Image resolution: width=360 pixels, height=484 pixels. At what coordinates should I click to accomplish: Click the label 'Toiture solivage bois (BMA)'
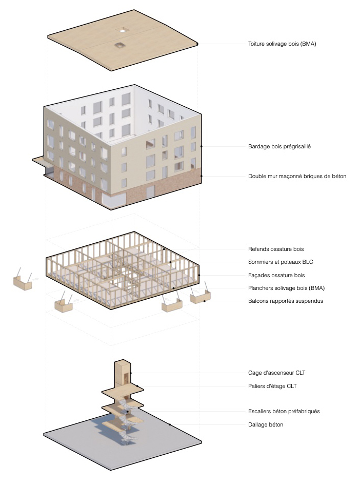(282, 44)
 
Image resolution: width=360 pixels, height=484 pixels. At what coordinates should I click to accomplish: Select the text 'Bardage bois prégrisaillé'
(279, 146)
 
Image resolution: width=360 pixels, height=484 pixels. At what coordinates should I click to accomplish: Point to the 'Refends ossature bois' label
(276, 249)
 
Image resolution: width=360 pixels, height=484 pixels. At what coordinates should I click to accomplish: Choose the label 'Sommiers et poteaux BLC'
(280, 262)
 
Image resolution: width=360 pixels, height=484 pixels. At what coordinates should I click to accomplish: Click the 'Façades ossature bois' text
(276, 275)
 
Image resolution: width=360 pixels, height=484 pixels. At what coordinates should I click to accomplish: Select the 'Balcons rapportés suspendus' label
(285, 301)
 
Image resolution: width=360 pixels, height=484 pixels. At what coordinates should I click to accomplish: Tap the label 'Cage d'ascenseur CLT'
(277, 373)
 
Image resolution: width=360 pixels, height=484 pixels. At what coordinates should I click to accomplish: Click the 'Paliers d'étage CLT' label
(272, 386)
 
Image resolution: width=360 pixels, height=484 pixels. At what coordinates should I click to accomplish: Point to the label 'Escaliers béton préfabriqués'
(284, 411)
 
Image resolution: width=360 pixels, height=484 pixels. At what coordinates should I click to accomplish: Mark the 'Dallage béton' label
(266, 424)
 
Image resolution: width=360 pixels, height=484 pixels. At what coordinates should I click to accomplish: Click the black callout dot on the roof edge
(197, 44)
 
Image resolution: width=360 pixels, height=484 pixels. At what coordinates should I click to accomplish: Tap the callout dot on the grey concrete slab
(170, 424)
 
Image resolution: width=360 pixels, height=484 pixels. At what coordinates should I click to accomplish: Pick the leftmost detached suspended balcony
(22, 282)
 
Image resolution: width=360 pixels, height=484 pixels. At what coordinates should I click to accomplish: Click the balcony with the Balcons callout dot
(199, 296)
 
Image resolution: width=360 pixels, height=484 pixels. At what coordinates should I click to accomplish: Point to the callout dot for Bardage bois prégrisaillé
(202, 146)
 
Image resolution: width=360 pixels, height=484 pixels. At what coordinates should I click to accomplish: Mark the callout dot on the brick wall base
(202, 176)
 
